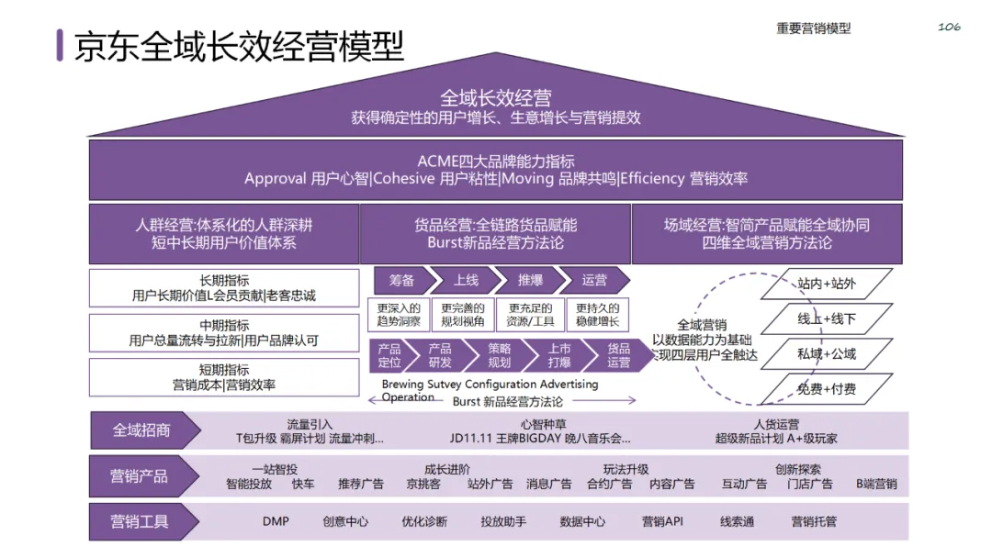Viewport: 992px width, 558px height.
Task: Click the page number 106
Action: (x=949, y=28)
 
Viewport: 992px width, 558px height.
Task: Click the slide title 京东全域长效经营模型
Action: (x=239, y=46)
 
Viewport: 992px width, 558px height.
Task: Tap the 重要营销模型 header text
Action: (x=813, y=28)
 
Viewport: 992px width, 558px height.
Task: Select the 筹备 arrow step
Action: (x=401, y=280)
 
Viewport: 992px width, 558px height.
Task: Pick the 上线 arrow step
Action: (x=466, y=280)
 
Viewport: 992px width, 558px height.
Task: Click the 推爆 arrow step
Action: (x=530, y=280)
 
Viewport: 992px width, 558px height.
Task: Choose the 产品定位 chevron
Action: (x=390, y=355)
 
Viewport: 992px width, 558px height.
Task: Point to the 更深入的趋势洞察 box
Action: (x=399, y=315)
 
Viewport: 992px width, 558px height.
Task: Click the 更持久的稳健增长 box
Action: (x=597, y=315)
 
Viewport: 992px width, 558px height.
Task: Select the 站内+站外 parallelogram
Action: (x=827, y=284)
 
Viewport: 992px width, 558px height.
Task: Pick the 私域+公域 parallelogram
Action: (x=827, y=353)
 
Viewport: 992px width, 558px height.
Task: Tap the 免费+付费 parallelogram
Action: (x=827, y=389)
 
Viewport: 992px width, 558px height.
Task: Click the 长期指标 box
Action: (x=224, y=287)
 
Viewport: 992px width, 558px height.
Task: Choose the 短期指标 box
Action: (x=224, y=377)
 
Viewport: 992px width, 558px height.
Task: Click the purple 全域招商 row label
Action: (x=141, y=430)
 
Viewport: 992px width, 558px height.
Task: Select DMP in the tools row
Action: (x=276, y=521)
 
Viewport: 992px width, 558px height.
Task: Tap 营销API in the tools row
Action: (x=662, y=521)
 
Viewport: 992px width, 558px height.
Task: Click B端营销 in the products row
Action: (x=876, y=484)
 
